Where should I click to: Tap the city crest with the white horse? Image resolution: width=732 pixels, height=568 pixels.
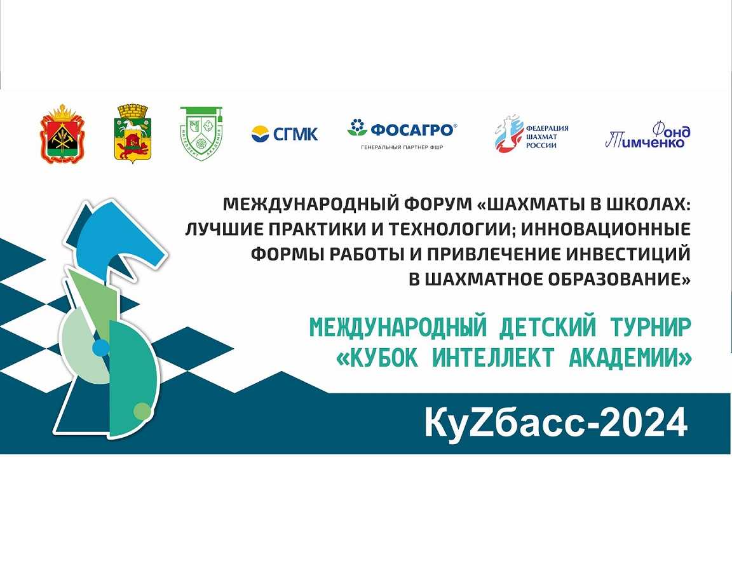(133, 133)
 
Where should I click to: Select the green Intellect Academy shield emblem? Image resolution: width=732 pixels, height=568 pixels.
(201, 133)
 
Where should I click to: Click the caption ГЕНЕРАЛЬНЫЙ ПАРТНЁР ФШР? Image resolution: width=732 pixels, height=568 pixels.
(402, 147)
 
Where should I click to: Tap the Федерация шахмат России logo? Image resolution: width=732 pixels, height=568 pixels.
(532, 133)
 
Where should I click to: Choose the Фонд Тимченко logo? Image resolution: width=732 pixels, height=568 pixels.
(648, 135)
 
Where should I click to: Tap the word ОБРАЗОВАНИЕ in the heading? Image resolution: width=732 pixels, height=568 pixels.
(620, 279)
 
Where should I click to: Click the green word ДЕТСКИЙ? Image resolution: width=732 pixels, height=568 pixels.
(548, 328)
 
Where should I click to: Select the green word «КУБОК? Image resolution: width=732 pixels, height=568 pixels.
(377, 358)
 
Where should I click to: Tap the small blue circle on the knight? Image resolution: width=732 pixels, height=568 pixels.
(101, 348)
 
